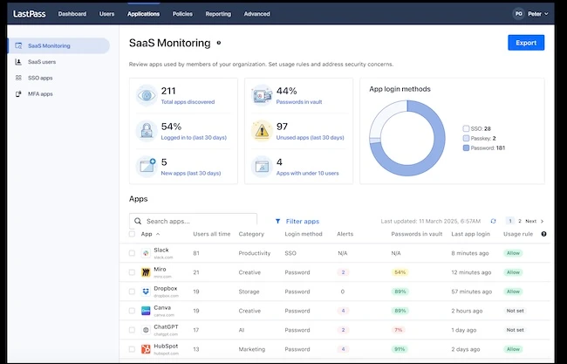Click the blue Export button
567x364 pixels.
click(x=526, y=42)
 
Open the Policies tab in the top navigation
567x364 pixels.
click(x=183, y=14)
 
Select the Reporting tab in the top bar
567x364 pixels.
click(x=218, y=14)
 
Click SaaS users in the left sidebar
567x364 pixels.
click(x=43, y=62)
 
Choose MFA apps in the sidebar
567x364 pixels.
click(x=41, y=93)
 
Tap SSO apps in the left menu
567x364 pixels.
click(x=40, y=78)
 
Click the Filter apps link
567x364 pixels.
click(x=297, y=222)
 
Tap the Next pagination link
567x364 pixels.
click(x=532, y=222)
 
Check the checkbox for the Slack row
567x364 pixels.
click(x=133, y=253)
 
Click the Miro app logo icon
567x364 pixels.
click(x=146, y=272)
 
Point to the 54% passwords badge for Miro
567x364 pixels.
click(x=400, y=272)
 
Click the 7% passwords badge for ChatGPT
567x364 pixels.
click(x=399, y=330)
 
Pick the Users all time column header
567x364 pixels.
click(x=212, y=234)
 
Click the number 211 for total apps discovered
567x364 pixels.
click(x=169, y=91)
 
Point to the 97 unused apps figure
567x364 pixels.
click(x=282, y=127)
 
